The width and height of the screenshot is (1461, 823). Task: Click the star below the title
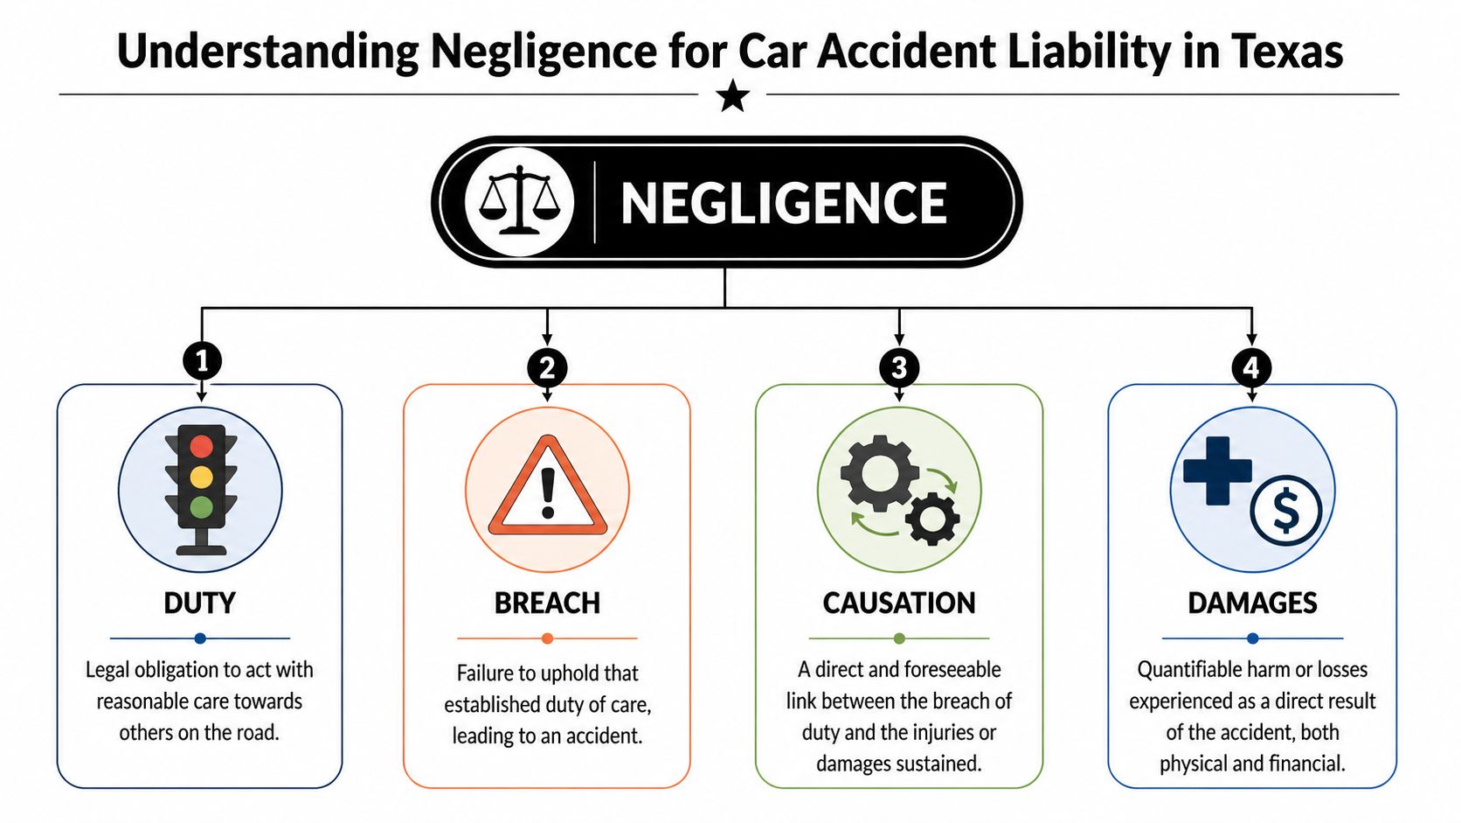click(732, 95)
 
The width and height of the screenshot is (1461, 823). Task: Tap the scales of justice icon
click(519, 202)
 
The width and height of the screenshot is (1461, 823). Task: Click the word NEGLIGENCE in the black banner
click(783, 204)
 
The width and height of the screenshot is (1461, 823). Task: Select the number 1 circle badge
click(202, 360)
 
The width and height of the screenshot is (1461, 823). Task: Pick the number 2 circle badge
click(547, 367)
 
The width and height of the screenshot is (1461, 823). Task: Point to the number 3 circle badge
click(899, 367)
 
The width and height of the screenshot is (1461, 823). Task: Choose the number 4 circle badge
click(1251, 367)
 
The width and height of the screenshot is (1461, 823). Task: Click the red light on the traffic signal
click(201, 446)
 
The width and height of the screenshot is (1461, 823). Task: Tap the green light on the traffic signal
click(201, 506)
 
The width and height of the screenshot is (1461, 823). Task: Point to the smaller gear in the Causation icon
click(932, 519)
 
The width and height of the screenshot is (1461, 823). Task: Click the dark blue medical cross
click(1217, 471)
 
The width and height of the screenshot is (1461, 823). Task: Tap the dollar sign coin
click(1285, 512)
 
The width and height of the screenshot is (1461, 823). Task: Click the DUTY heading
click(200, 603)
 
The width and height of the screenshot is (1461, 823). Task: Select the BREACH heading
click(547, 603)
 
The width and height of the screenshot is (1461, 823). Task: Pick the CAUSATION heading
click(899, 603)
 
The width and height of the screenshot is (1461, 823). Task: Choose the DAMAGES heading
click(1252, 603)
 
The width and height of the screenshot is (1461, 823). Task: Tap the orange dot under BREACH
click(547, 638)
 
